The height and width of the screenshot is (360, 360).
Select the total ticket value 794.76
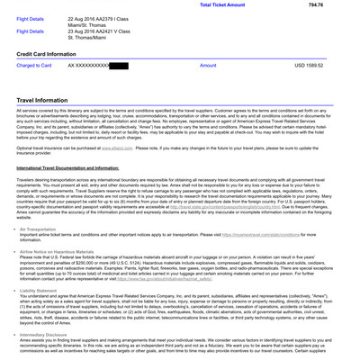340,4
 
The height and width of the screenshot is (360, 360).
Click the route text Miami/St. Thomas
94,24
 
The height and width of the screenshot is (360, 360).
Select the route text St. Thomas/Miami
94,37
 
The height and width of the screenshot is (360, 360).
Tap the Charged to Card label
34,66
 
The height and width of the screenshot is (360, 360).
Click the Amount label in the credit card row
208,66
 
